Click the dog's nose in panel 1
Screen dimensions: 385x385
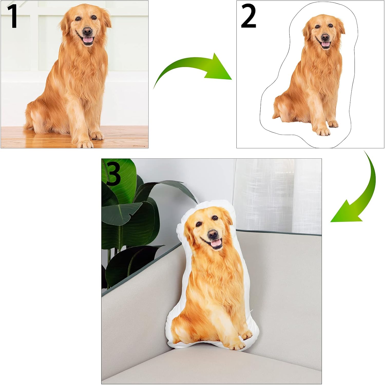click(x=87, y=32)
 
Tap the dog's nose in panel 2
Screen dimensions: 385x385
click(x=325, y=37)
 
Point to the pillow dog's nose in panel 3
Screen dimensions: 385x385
click(x=213, y=234)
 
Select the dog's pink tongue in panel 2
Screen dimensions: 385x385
click(x=326, y=44)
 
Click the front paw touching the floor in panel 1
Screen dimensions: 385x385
click(x=85, y=144)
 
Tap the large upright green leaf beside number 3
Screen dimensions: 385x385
click(x=121, y=180)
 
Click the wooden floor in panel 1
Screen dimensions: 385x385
click(x=74, y=137)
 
